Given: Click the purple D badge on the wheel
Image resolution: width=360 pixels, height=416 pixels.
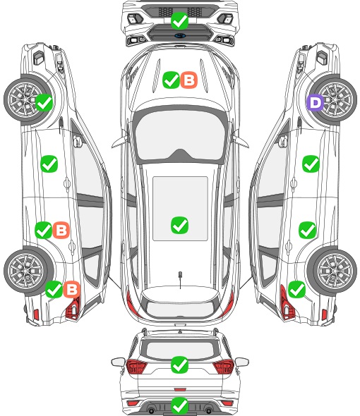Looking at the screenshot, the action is point(315,103).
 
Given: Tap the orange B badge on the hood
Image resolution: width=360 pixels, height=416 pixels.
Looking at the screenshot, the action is point(189,80).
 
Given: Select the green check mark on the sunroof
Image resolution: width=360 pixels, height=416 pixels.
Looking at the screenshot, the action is point(179,226).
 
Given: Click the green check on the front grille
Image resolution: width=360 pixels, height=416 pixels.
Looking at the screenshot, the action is point(179,20).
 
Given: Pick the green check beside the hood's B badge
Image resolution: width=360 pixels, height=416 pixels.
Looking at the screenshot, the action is point(171,80).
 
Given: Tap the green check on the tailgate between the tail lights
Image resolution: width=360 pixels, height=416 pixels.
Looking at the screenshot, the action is point(179,365).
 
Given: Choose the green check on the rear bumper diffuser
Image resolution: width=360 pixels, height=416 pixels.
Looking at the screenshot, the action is point(179,405).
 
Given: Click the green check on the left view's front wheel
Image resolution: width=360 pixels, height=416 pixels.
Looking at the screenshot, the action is point(44,102).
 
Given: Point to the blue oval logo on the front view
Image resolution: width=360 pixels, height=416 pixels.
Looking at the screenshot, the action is point(180,35).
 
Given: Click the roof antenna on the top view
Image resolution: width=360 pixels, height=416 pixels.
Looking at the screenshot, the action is point(180,279).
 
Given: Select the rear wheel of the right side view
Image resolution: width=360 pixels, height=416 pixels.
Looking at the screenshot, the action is point(332,271).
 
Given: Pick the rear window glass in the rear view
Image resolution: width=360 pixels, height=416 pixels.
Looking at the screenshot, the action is point(180,350).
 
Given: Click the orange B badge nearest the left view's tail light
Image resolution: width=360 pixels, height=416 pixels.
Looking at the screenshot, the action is point(72,289).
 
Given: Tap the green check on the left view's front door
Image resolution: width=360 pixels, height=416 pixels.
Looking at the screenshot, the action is point(49,164).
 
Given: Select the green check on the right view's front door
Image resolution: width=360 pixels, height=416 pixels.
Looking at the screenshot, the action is point(311,164).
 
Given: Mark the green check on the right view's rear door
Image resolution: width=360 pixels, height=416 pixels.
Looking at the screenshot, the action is point(307,230).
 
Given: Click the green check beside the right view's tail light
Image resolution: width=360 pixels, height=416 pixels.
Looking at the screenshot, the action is point(296,289).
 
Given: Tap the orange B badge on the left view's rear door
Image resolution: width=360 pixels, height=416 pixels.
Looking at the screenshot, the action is point(61,230).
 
